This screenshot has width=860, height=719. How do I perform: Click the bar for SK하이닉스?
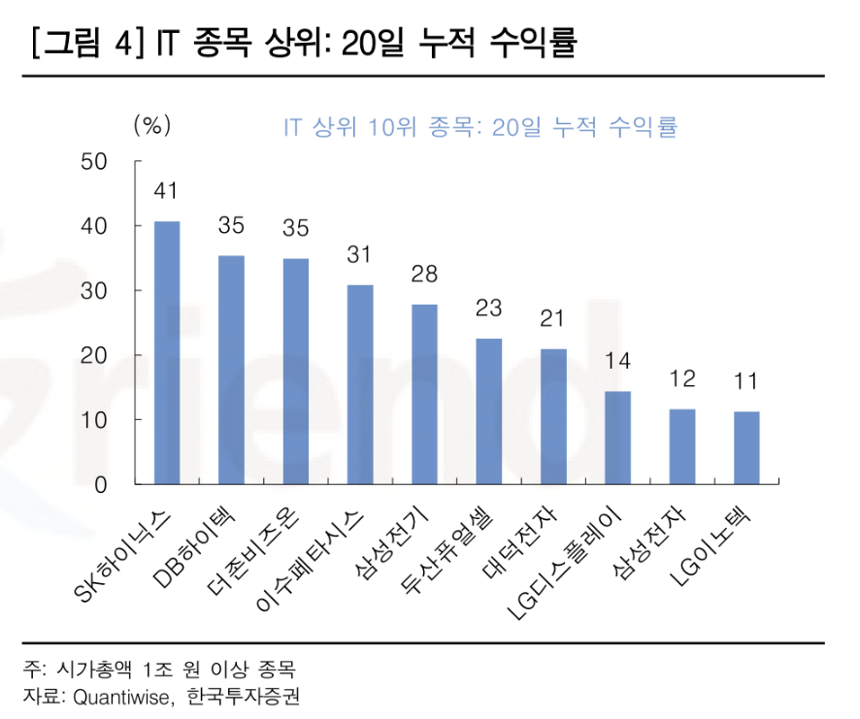167,353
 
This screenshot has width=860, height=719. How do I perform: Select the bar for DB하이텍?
231,370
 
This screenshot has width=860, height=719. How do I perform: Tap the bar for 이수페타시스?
360,384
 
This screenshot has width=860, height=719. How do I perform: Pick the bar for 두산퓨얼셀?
489,411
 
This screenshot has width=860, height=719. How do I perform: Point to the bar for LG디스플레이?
617,438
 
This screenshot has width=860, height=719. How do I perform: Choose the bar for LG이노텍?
746,447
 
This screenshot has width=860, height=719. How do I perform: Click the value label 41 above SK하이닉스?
167,191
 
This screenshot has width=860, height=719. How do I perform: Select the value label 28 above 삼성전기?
424,275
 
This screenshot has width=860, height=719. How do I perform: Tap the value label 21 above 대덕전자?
553,319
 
